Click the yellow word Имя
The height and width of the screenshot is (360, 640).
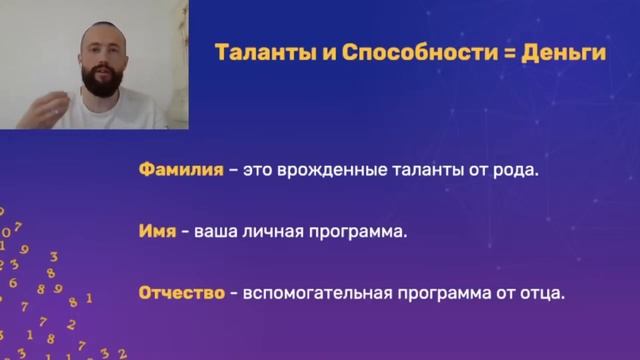pyautogui.click(x=157, y=232)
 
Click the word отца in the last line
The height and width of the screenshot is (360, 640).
pyautogui.click(x=541, y=295)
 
